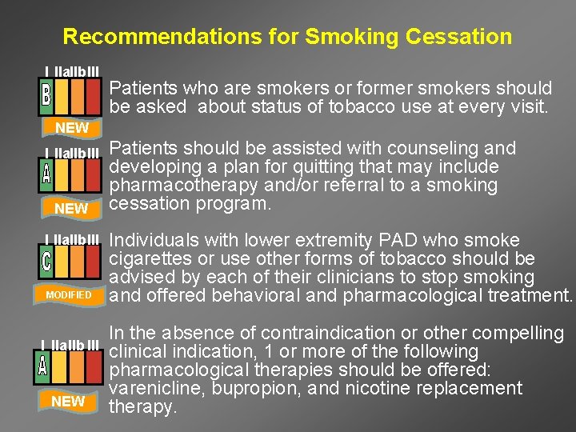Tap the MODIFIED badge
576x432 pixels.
tap(69, 294)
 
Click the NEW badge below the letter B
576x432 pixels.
tap(71, 127)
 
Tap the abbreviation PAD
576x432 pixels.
tap(406, 241)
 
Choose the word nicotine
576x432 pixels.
tap(368, 389)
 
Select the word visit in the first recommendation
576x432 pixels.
tap(529, 106)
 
